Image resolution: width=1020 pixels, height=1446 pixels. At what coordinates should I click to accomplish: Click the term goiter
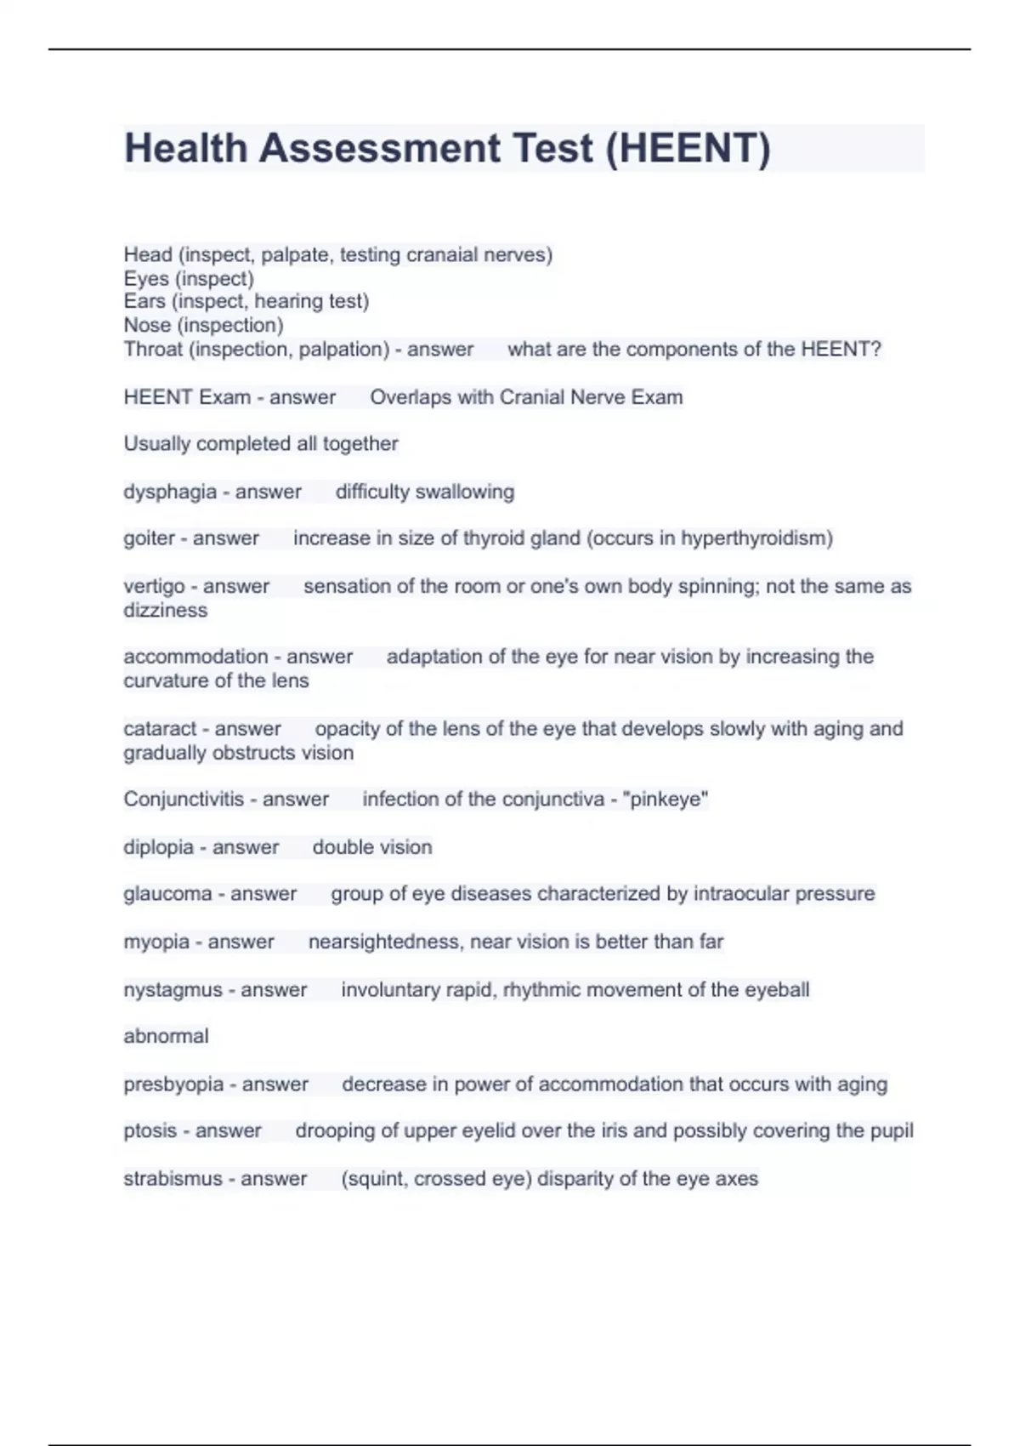149,538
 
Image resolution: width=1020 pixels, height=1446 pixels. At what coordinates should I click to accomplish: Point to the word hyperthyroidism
756,538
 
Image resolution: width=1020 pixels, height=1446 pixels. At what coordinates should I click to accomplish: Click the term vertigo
154,586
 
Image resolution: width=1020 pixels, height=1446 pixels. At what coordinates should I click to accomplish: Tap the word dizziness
165,610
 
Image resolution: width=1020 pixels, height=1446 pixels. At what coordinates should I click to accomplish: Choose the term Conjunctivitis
183,800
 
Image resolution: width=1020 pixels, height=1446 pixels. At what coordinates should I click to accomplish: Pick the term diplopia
158,847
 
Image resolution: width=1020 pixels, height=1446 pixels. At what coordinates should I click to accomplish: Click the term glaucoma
167,894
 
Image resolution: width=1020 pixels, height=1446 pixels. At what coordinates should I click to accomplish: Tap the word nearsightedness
383,942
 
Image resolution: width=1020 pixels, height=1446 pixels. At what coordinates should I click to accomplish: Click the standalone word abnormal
166,1036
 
